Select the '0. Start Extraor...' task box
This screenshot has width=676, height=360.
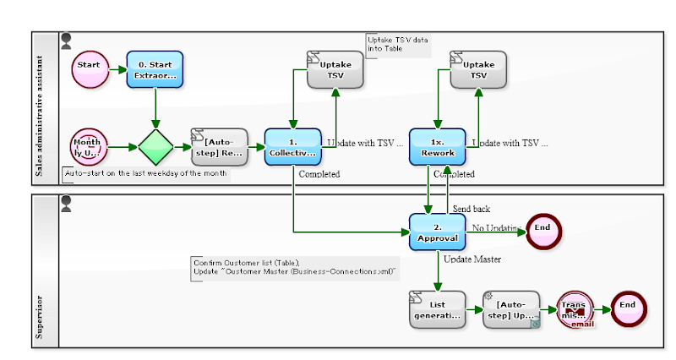pos(155,68)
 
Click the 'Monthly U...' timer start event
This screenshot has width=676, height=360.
pos(89,147)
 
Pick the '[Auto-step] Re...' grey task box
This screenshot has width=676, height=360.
pos(220,147)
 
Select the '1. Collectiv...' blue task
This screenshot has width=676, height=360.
pos(293,147)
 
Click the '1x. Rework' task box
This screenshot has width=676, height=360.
pos(438,147)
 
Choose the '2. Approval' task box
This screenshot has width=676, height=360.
pos(438,231)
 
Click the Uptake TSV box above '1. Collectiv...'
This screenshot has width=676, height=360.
pos(335,68)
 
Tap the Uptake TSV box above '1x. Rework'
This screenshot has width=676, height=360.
pos(478,68)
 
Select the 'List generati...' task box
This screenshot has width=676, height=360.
pos(438,309)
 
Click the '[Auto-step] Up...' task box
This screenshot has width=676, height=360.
pos(510,309)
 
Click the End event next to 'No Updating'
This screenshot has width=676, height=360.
pos(542,228)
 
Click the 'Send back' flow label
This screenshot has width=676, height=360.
pos(471,209)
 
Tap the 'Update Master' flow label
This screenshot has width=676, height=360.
pos(472,259)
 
